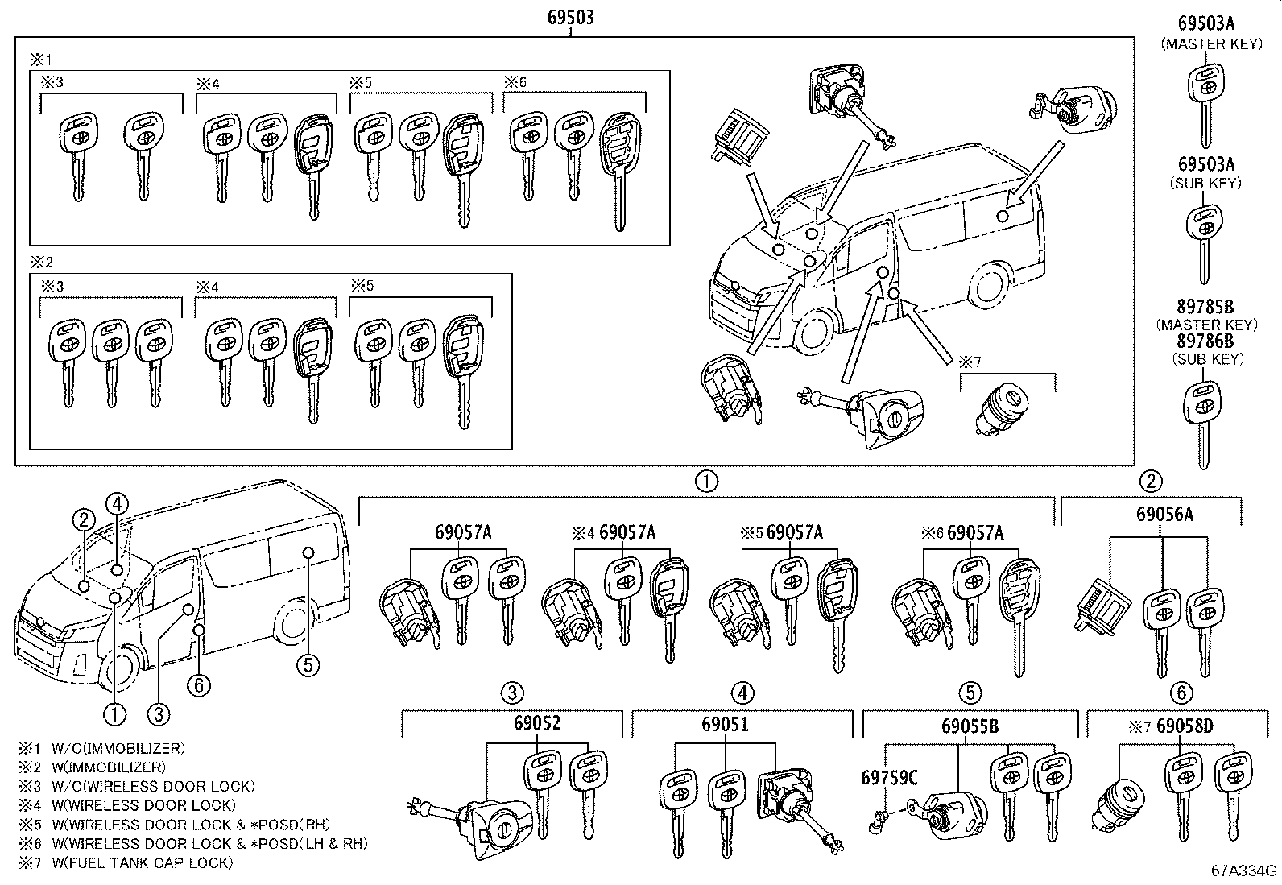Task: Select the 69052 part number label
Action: pos(536,723)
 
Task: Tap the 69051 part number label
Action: pos(726,723)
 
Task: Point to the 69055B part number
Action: pos(970,726)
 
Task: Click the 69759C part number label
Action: pos(889,778)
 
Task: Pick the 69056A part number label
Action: pos(1164,514)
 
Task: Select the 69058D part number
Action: pos(1185,726)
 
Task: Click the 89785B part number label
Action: pos(1205,308)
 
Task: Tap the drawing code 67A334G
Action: pos(1244,871)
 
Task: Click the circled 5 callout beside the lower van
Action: pos(307,664)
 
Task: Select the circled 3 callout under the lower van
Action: pos(159,713)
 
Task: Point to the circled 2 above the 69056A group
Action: pos(1151,482)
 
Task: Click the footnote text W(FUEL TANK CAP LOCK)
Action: pos(142,862)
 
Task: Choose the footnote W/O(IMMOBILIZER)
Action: pos(118,747)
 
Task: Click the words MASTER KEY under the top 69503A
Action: pos(1211,45)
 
